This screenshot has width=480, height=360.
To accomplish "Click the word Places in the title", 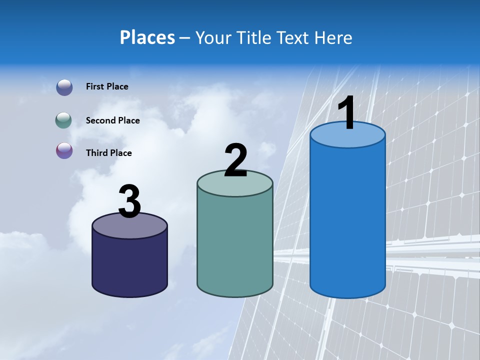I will pos(147,37).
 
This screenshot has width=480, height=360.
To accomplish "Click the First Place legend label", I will pos(107,86).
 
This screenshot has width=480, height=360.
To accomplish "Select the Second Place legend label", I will pos(112,120).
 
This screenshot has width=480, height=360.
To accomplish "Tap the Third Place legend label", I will pos(108,153).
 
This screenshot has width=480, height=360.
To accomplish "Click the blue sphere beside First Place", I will pos(64,87).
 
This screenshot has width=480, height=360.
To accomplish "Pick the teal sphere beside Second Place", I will pos(64,120).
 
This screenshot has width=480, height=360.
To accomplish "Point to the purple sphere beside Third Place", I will pos(64,150).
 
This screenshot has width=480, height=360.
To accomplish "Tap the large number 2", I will pos(235,161).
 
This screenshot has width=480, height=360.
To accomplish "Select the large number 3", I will pos(129,202).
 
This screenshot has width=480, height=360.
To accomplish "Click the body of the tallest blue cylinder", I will pos(347,220).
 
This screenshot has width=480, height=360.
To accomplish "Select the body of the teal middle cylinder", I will pos(235,245).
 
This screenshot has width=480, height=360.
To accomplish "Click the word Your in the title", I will pos(212,37).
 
